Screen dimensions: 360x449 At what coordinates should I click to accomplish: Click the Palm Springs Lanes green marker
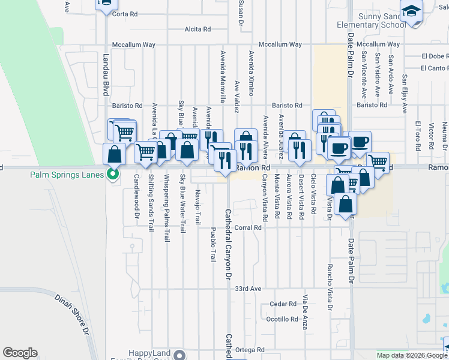[x=112, y=175]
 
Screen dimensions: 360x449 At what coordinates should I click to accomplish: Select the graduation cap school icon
[x=411, y=12]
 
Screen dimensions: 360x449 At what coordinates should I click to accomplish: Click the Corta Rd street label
[x=125, y=14]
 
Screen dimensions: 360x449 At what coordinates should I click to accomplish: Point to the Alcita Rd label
[x=197, y=29]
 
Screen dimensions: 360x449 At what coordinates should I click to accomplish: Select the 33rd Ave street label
[x=248, y=289]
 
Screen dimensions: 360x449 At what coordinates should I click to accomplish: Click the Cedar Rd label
[x=283, y=304]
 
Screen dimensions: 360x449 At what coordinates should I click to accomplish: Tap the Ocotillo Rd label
[x=282, y=319]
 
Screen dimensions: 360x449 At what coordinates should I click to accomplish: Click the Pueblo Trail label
[x=213, y=245]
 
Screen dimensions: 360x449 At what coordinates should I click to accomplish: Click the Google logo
[x=20, y=353]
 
